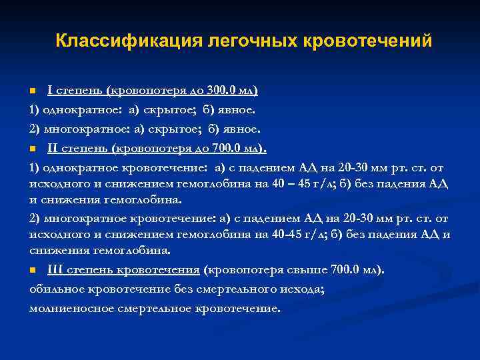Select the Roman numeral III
(55, 269)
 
